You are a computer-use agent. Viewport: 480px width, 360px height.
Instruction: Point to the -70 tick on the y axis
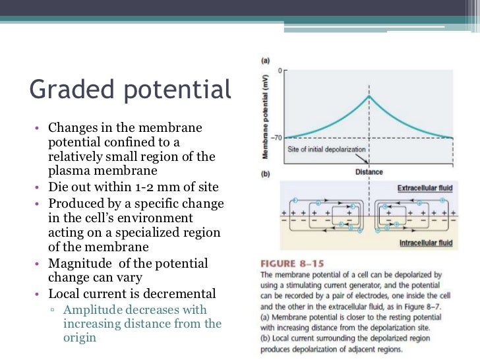pos(276,137)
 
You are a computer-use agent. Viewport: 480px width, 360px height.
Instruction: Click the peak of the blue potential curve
pos(369,96)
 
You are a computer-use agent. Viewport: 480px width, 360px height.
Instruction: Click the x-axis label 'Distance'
pos(369,172)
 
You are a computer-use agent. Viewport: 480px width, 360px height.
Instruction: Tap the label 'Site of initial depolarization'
pos(326,150)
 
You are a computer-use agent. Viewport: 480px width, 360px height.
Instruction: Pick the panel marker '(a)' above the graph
pos(265,60)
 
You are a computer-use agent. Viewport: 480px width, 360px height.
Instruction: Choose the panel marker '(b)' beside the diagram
pos(265,175)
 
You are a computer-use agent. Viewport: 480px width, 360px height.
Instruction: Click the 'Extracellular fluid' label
pos(425,189)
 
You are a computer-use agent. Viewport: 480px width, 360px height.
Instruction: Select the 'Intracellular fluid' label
pos(425,243)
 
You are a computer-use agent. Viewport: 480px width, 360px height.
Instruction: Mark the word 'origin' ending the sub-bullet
pos(80,338)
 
